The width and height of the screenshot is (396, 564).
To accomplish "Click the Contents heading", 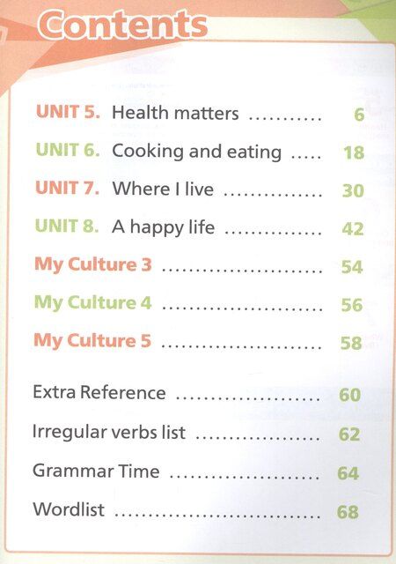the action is tap(123, 25).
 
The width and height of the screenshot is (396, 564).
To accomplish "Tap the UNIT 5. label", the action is tap(68, 112).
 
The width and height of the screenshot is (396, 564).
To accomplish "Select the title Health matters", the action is tap(175, 113).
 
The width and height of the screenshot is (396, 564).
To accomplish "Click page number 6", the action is tap(359, 115).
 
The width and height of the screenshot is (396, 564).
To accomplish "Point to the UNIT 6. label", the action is tap(68, 150).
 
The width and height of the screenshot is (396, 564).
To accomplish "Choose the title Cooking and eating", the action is tap(196, 151).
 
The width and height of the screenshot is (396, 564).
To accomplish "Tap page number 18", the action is tap(354, 152).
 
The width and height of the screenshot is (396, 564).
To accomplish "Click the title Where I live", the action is tap(163, 189).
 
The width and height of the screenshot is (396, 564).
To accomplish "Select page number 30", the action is tap(353, 190).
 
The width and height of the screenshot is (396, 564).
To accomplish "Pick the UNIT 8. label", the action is tap(67, 226).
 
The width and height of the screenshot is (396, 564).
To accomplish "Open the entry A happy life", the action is tap(163, 227).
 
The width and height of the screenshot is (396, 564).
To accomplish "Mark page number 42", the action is tap(353, 229).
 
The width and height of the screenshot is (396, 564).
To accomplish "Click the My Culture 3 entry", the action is tap(93, 264).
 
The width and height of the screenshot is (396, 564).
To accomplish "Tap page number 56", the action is tap(352, 305).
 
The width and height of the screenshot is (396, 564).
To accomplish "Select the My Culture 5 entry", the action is tap(92, 341).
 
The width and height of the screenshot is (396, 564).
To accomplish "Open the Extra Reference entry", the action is tap(99, 391).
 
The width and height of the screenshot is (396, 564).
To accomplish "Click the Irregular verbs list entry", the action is tap(109, 432).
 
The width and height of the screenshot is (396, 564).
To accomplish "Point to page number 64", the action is tap(348, 473).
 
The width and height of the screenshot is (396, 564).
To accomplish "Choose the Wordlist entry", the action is tap(69, 509).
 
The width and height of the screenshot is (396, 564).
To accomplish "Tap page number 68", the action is tap(348, 512).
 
